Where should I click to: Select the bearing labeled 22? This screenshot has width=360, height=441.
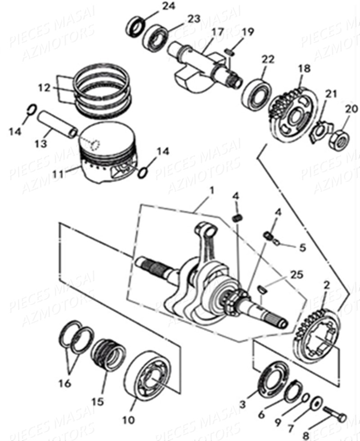coord(255,94)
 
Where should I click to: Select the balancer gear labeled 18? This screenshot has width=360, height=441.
coord(288,115)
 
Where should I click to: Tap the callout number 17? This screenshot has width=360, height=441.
coord(217,32)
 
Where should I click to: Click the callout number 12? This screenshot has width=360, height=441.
coord(44,88)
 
